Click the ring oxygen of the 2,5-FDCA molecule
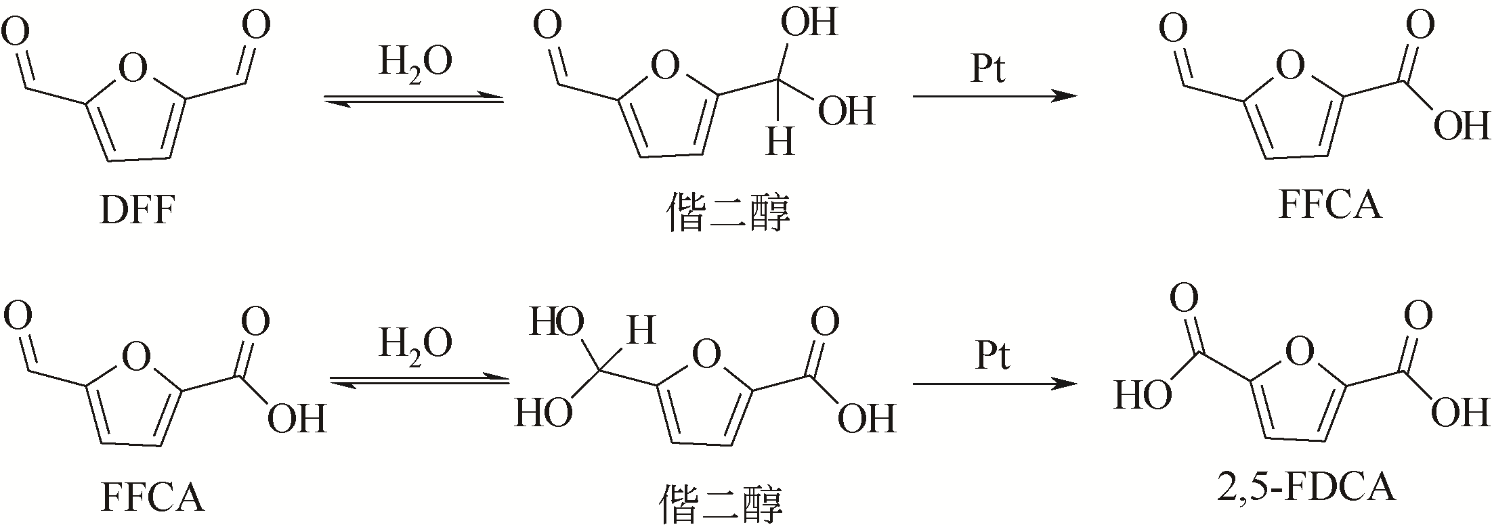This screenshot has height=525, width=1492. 1299,352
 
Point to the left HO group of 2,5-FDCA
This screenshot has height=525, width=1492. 1143,395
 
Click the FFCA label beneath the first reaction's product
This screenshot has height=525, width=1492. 1329,204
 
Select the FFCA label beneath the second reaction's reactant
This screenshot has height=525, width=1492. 153,498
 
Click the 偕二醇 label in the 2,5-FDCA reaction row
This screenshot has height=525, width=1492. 722,505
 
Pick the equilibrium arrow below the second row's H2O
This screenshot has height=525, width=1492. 419,382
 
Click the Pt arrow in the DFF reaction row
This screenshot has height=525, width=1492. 995,97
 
